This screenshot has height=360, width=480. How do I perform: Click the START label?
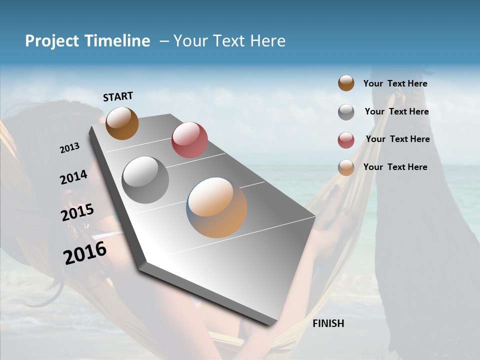[x=118, y=96]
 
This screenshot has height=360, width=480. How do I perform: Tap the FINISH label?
[x=328, y=323]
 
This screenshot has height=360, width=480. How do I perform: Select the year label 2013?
[x=70, y=147]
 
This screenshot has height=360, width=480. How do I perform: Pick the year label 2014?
[x=73, y=177]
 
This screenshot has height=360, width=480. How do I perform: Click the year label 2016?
[x=85, y=252]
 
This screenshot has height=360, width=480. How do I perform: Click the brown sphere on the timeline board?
[x=122, y=123]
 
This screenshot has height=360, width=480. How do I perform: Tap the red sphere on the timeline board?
[x=189, y=140]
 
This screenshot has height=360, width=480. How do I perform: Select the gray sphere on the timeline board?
[x=145, y=179]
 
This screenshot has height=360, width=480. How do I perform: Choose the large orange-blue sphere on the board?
[x=216, y=207]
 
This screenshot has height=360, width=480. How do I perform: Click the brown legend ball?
[x=346, y=83]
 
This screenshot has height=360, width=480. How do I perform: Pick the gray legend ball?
[x=346, y=112]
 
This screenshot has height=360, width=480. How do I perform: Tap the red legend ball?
[x=346, y=140]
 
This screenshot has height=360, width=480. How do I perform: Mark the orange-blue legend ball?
[x=346, y=167]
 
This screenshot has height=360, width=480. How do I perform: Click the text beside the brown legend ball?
[x=395, y=83]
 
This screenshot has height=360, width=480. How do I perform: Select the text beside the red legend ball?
[x=397, y=139]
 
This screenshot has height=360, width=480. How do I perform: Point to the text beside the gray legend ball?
[x=396, y=111]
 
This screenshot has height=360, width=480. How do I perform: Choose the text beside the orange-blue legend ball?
[x=395, y=167]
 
